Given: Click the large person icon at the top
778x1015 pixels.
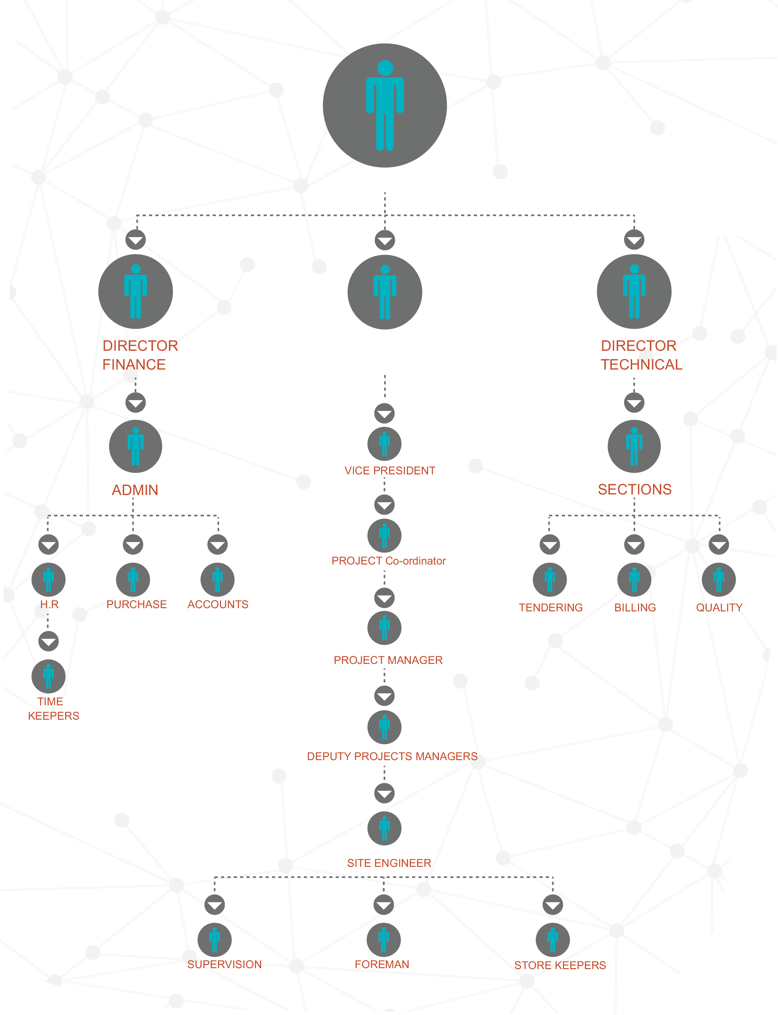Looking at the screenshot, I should (x=385, y=106).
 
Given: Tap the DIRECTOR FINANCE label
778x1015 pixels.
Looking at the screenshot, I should (x=139, y=355).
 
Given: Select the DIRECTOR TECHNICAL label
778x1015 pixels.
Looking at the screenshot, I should (x=641, y=355).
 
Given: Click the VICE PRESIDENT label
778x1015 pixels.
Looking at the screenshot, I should (x=390, y=471).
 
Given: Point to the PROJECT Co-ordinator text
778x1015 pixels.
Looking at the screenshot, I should (x=389, y=561).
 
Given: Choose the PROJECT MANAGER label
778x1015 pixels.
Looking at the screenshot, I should (x=388, y=660).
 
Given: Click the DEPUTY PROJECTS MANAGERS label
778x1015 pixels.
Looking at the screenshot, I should (x=392, y=757).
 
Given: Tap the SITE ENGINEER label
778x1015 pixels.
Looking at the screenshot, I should (x=389, y=863).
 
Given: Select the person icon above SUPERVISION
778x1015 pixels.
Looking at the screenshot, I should (x=214, y=939).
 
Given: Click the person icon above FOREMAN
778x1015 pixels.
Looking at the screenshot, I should (x=383, y=939).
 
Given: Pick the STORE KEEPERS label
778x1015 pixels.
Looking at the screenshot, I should (x=560, y=965).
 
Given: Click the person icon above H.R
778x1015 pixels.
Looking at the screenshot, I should (x=48, y=579).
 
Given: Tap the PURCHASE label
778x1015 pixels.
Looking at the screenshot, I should (x=137, y=605).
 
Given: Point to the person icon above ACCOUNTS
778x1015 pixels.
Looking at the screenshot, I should (x=218, y=579).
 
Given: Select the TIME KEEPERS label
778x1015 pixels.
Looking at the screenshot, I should (x=53, y=709).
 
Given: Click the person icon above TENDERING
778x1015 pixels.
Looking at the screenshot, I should (x=550, y=579).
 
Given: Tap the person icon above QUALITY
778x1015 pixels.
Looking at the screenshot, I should (x=719, y=579).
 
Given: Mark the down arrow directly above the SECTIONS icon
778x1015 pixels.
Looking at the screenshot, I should (x=634, y=403).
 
